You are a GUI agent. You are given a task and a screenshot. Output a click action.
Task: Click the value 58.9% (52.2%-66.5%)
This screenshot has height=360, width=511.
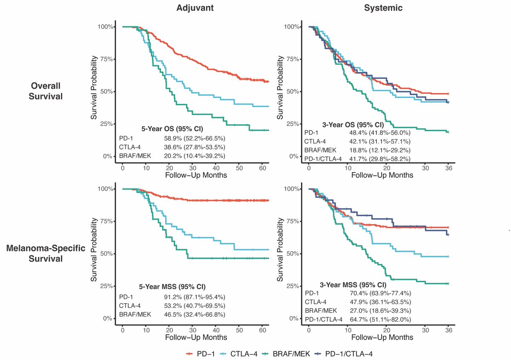195,138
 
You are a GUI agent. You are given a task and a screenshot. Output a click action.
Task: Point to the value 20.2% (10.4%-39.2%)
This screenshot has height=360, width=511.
195,156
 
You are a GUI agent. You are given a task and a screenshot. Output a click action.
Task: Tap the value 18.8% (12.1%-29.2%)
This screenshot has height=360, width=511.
379,150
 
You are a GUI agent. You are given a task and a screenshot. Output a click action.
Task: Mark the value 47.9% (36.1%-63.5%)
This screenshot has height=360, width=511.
379,302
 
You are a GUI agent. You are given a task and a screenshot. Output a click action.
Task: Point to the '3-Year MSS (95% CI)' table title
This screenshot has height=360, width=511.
353,285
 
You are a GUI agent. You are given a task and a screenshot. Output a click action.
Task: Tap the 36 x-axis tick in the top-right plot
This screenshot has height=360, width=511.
448,167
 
